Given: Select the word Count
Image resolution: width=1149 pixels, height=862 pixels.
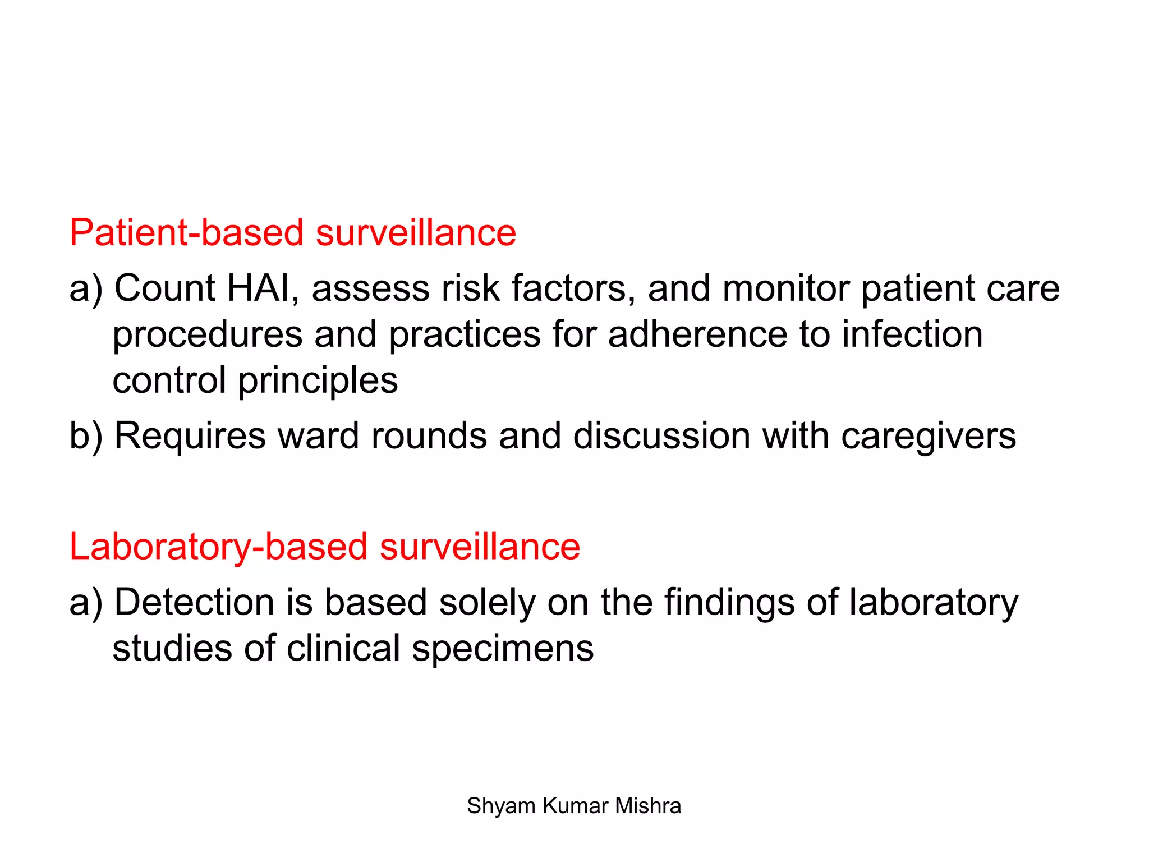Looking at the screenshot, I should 164,288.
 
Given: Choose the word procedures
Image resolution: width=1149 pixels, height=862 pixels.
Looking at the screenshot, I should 208,335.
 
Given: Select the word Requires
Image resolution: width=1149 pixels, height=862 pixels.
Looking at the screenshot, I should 190,436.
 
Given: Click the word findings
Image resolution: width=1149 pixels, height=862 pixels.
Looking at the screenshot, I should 729,603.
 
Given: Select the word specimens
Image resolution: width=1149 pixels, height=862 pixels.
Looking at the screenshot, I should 503,649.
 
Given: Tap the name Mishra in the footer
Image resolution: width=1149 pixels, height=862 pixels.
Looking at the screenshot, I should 647,806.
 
